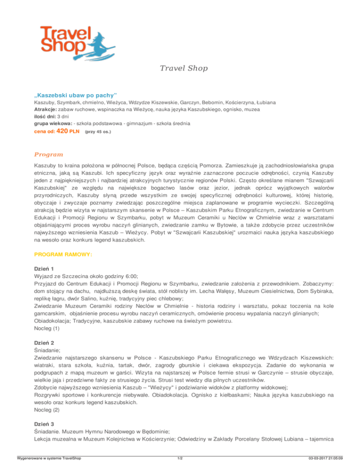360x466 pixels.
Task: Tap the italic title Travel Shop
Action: click(x=180, y=68)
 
